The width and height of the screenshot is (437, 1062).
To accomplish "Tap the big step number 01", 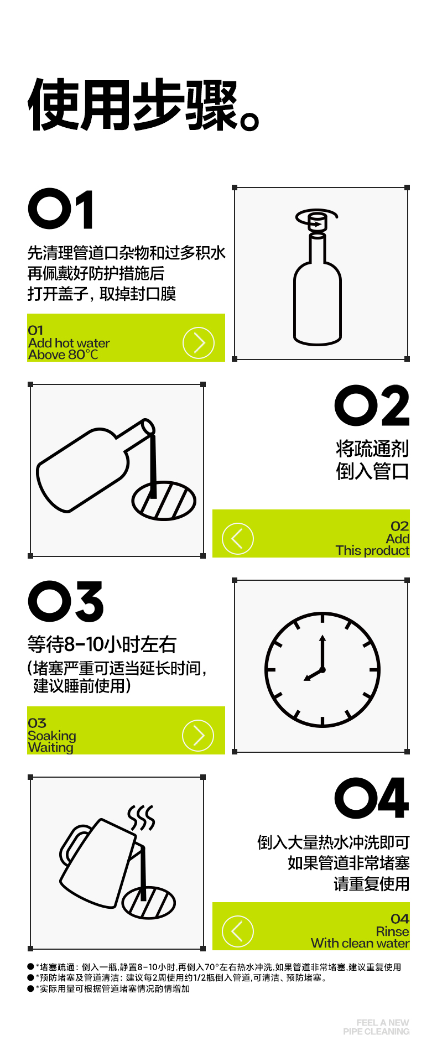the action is (x=61, y=209).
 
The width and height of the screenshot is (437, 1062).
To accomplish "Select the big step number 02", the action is (x=372, y=405).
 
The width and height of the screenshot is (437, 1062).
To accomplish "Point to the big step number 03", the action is (x=66, y=602).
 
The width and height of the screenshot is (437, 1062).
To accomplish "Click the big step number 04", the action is (x=372, y=798).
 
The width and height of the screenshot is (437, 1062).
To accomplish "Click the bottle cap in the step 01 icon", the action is (x=318, y=221).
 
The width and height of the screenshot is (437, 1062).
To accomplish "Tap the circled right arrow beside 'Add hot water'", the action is (x=198, y=343).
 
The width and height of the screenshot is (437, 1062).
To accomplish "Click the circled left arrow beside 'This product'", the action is (x=238, y=539).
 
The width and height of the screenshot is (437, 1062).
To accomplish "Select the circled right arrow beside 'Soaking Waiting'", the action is (x=198, y=736).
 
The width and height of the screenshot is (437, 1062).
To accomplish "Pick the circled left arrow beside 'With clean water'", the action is (x=238, y=931).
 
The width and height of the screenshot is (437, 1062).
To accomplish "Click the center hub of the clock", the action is (x=322, y=670).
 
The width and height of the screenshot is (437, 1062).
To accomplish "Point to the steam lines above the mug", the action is (x=142, y=818).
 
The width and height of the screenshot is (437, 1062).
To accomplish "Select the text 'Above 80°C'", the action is (x=63, y=355).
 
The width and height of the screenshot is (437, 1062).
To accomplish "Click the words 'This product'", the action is (x=372, y=550).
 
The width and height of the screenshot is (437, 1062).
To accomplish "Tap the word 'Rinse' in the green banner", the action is (x=393, y=931).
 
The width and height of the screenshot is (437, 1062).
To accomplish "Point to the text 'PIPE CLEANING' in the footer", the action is (x=376, y=1032).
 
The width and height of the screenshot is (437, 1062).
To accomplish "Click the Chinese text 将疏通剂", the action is (x=372, y=449).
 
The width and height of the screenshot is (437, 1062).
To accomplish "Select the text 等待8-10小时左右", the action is (x=102, y=644).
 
